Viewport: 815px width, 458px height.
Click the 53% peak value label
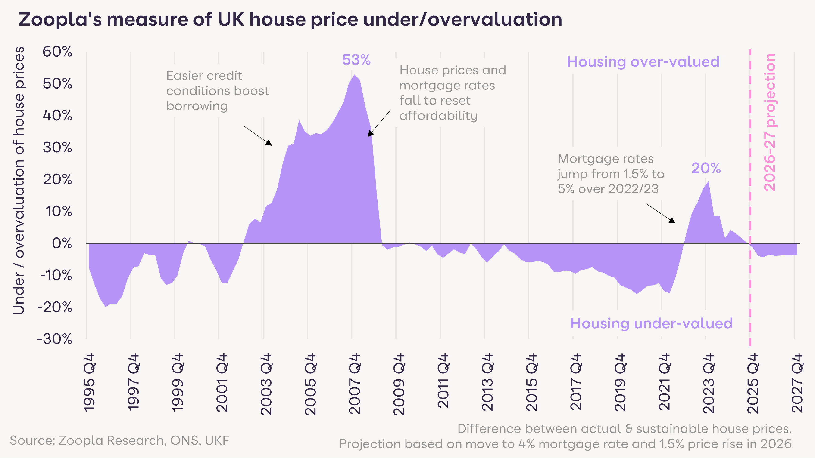tap(356, 60)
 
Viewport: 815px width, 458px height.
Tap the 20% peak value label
tap(706, 168)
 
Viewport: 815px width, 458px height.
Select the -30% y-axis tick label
tap(55, 339)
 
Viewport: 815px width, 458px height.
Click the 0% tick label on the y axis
tap(62, 243)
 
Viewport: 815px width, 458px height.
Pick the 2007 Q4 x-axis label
tap(355, 384)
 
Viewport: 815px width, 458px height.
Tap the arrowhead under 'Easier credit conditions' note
tap(269, 143)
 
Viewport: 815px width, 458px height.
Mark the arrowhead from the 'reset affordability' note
tap(369, 134)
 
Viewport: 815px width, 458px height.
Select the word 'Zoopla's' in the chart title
tap(60, 20)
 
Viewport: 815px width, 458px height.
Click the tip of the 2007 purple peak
tap(354, 75)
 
